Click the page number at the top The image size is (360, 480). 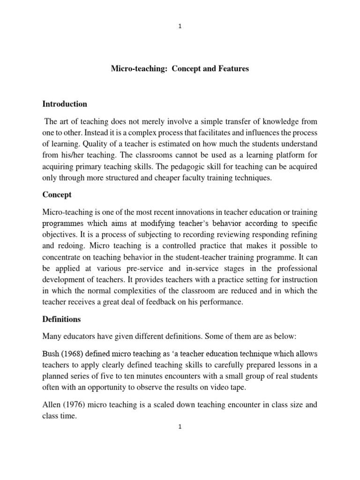click(x=180, y=27)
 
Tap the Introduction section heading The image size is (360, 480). click(x=65, y=104)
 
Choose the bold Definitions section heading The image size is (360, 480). click(x=61, y=319)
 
